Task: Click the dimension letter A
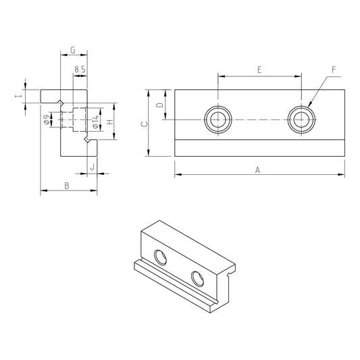[257, 170]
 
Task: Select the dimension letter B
[66, 185]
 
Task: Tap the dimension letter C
[142, 124]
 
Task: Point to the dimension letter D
[159, 105]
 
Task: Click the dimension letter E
[259, 70]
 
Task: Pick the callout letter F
[333, 70]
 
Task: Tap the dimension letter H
[110, 122]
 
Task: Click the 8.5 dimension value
[80, 70]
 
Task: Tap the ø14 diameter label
[97, 122]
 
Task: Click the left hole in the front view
[218, 120]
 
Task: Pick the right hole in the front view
[299, 120]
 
